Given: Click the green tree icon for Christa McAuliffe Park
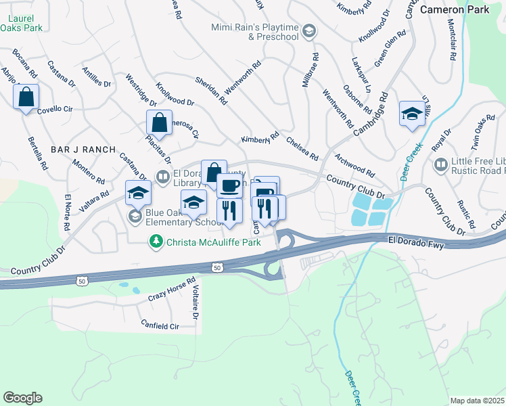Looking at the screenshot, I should tap(156, 241).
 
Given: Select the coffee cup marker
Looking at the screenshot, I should tap(229, 185).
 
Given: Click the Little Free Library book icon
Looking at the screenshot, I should tap(440, 164).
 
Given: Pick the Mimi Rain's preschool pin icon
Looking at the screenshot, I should tap(308, 30).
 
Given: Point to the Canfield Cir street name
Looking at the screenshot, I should tap(160, 325).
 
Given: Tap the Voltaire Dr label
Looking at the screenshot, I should tap(194, 302).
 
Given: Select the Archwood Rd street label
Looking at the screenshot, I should tap(354, 164).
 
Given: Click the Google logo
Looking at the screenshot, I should tap(22, 398).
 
